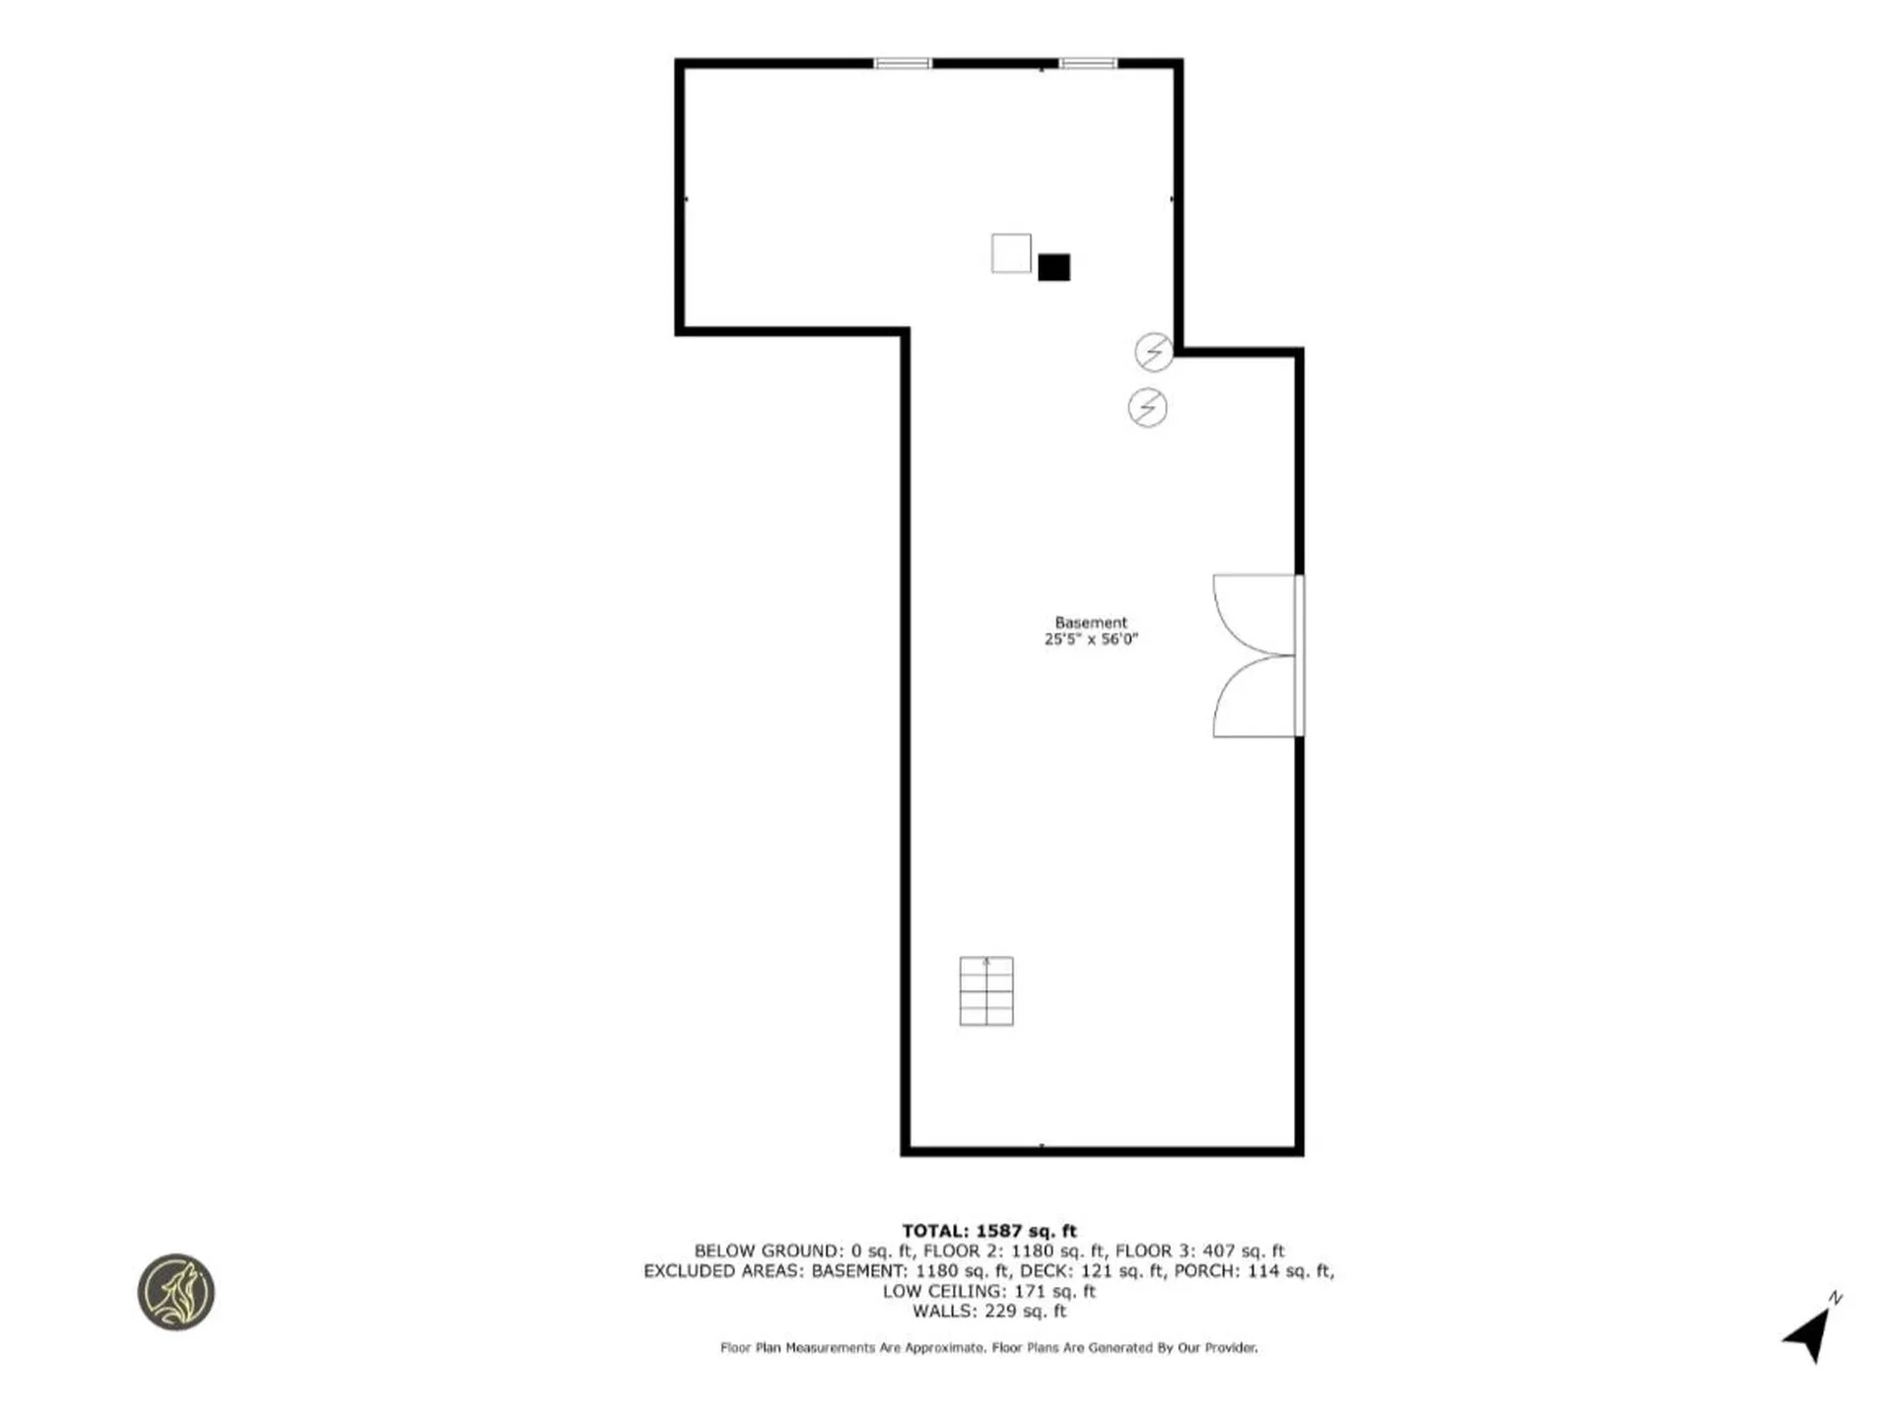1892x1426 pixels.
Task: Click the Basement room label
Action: point(1090,623)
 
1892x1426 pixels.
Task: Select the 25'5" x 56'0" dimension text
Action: point(1090,640)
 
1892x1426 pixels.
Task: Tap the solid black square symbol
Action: point(1053,267)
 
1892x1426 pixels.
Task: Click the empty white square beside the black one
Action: point(1011,253)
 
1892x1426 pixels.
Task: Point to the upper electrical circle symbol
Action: point(1154,352)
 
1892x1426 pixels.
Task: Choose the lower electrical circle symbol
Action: point(1147,407)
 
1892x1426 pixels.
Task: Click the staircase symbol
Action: point(986,991)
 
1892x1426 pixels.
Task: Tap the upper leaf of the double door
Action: point(1253,614)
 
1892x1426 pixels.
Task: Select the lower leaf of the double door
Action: point(1253,697)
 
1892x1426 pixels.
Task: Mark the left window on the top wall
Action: point(902,64)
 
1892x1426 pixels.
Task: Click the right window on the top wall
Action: point(1088,64)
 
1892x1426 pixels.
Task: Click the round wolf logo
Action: point(176,1292)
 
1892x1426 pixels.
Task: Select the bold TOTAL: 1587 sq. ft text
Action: point(989,1231)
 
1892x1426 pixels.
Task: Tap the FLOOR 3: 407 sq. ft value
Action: point(1199,1252)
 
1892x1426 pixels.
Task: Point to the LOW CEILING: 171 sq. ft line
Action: point(988,1291)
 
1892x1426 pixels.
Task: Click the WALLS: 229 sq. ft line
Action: point(988,1312)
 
